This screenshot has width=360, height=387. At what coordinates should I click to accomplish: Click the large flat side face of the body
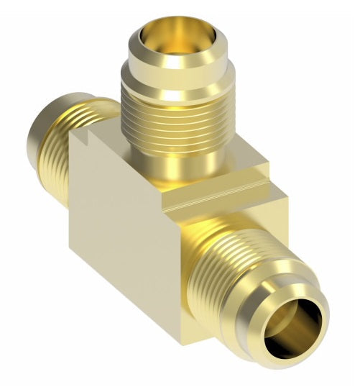(122, 237)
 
